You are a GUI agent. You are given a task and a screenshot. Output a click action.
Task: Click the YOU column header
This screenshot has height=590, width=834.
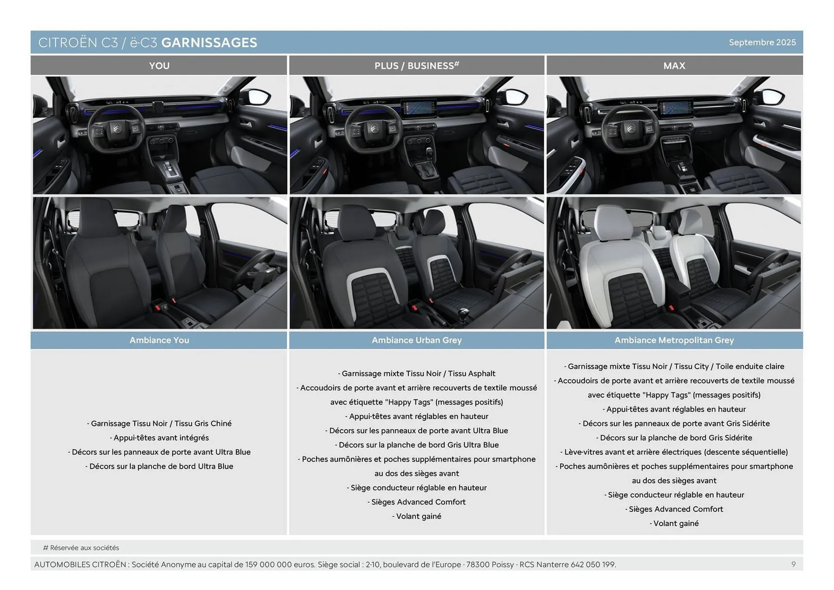tap(159, 66)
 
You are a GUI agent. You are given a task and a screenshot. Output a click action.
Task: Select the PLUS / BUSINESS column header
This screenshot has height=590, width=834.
tap(416, 66)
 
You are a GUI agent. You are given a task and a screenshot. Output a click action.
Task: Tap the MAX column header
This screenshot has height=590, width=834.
tap(674, 66)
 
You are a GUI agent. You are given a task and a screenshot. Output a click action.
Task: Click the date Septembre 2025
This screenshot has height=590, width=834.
tap(762, 43)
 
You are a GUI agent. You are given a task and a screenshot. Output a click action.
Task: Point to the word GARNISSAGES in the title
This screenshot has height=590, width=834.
tap(209, 43)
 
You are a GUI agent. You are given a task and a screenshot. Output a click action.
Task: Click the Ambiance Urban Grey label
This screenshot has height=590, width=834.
tap(417, 340)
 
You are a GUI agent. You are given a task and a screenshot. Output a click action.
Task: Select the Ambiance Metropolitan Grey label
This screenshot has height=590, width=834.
tap(674, 340)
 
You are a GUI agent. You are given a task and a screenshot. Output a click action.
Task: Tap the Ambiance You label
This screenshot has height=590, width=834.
tap(159, 340)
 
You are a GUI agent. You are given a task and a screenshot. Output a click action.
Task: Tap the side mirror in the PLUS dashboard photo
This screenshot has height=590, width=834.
tap(516, 96)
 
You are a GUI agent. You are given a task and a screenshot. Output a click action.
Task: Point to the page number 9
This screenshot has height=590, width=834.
tap(794, 564)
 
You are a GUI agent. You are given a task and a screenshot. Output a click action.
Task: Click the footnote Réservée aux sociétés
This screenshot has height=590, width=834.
tap(84, 548)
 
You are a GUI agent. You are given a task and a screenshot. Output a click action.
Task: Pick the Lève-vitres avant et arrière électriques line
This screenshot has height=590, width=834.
tap(674, 452)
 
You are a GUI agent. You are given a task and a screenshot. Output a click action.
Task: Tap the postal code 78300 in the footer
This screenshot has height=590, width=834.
tap(478, 564)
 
